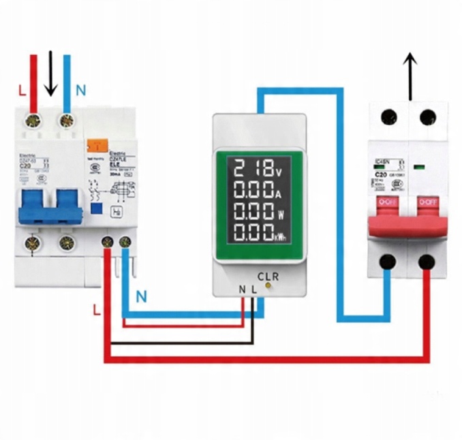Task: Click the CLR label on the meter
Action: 268,276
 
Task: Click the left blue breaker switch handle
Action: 33,208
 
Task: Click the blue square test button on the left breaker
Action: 97,208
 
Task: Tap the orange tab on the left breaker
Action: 98,145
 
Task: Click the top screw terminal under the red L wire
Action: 31,121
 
